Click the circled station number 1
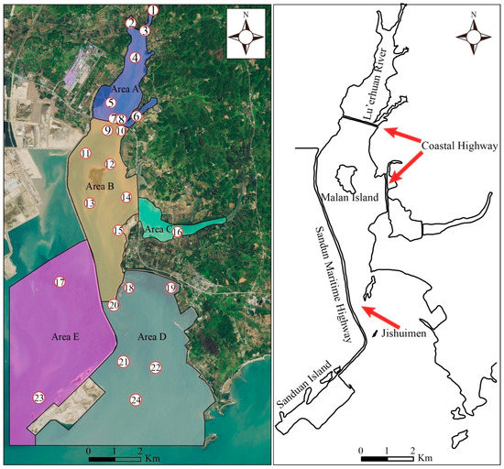click(153, 11)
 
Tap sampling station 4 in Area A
click(135, 58)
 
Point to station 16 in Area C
click(177, 232)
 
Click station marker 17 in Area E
click(60, 282)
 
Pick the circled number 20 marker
click(114, 305)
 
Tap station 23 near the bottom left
click(38, 398)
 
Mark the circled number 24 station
click(136, 400)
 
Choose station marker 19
click(170, 289)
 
